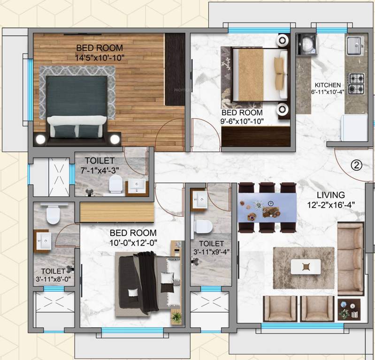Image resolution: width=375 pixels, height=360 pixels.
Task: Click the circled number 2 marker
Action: [x=357, y=165]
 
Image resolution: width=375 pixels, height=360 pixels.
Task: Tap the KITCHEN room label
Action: [x=328, y=85]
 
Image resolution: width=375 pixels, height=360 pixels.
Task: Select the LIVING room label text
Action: [x=330, y=195]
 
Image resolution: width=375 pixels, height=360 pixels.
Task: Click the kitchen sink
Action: [x=355, y=45]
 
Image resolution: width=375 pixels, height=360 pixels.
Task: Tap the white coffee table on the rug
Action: [x=306, y=267]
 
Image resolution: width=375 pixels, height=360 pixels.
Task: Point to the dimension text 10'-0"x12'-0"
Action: [x=133, y=242]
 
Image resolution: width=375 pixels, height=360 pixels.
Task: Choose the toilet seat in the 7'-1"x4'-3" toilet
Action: [x=115, y=186]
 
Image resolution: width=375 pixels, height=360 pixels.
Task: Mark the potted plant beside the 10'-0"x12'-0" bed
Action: [x=176, y=317]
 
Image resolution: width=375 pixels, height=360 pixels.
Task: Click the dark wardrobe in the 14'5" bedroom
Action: [x=176, y=69]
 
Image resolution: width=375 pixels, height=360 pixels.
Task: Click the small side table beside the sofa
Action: [x=349, y=309]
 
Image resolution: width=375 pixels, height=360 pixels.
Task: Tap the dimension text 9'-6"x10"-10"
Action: [x=243, y=121]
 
